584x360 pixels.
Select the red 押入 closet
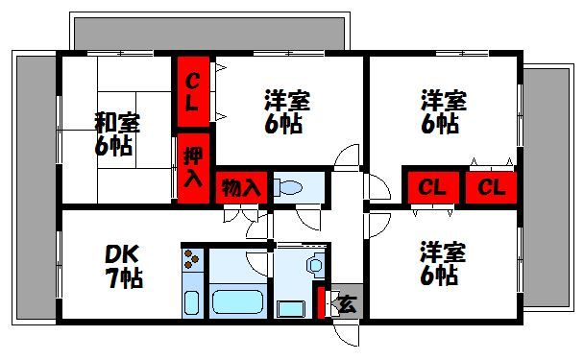191,166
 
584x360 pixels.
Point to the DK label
122,254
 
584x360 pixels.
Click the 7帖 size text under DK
123,279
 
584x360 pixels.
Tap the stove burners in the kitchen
193,258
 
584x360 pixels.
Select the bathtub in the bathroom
238,300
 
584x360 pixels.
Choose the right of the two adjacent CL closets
491,186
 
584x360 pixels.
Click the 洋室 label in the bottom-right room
443,253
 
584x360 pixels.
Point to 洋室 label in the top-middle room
288,100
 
